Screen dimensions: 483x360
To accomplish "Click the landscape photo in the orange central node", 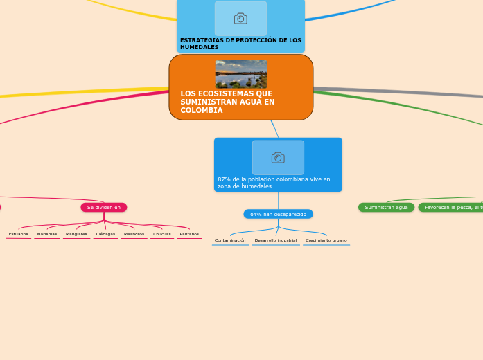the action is click(240, 74).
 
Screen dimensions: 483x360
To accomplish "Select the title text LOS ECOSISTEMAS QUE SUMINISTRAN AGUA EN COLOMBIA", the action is click(227, 102).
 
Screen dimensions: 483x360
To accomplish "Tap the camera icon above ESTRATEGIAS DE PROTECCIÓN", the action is click(240, 19).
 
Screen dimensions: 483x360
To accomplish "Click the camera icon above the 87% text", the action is click(278, 158).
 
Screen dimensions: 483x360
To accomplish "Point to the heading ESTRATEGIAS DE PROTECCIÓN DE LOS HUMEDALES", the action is click(240, 44).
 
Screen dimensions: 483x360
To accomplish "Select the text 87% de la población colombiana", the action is click(274, 183).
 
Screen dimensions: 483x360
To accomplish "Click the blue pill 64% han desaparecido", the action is click(278, 214).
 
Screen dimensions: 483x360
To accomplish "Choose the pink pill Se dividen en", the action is click(104, 207).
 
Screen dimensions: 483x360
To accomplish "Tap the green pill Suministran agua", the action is click(386, 207).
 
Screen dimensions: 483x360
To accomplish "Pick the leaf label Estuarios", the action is click(19, 234).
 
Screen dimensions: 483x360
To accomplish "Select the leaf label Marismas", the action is click(47, 234).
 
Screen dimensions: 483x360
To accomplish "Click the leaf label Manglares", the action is click(76, 234).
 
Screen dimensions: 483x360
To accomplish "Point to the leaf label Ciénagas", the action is click(106, 234).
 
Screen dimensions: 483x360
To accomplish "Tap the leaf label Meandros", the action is click(134, 234).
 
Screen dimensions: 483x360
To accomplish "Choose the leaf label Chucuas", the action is click(162, 234).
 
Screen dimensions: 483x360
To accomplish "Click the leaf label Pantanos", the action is click(189, 234).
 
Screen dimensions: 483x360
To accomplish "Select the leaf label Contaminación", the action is click(230, 240).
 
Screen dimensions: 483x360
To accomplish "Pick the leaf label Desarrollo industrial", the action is click(276, 240).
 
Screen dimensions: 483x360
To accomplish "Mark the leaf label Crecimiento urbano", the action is click(326, 240).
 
